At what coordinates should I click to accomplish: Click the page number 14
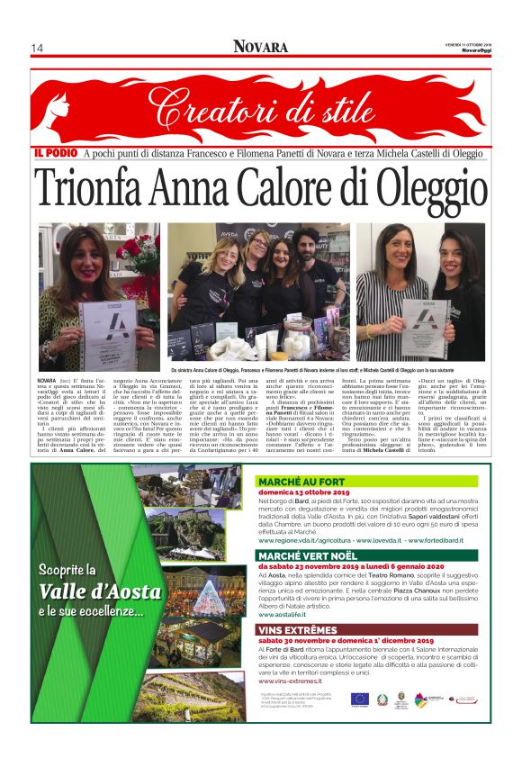click(38, 48)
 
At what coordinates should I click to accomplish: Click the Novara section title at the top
click(260, 47)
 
